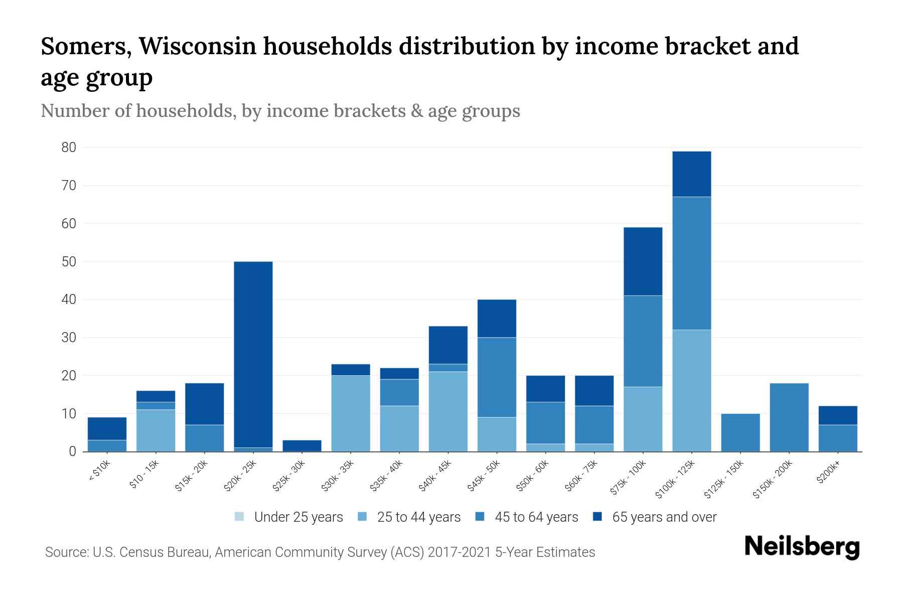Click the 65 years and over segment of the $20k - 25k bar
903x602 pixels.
tap(253, 354)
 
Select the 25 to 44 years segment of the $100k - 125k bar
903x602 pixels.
tap(692, 390)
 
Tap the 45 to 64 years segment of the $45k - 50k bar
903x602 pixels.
tap(497, 377)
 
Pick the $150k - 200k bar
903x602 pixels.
tap(789, 417)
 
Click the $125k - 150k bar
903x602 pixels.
tap(740, 432)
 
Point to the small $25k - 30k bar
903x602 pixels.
tap(302, 445)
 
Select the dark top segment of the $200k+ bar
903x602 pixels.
tap(838, 415)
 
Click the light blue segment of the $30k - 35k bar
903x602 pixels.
tap(351, 413)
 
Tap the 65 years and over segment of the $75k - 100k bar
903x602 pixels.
tap(643, 261)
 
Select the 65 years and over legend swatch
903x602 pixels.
tap(597, 517)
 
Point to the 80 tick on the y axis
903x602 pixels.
tap(69, 147)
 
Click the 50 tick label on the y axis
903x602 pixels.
tap(69, 262)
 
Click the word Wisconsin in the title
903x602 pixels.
tap(198, 46)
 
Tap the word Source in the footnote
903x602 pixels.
tap(66, 552)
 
